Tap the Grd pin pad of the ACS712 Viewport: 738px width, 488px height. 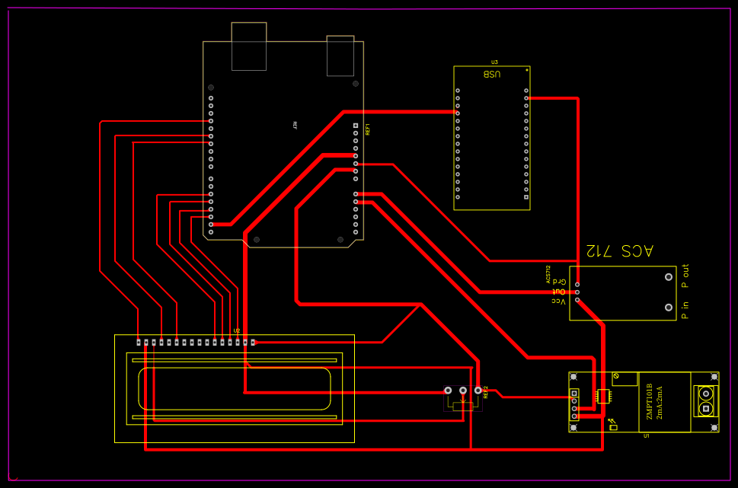[577, 284]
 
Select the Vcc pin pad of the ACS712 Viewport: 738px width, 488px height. [577, 300]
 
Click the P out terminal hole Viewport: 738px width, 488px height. [669, 278]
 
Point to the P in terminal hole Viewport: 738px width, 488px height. [669, 308]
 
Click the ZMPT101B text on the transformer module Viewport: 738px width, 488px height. [650, 403]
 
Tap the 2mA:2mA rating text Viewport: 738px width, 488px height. [660, 403]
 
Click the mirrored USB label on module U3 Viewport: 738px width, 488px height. [492, 74]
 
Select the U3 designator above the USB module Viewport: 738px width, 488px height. [494, 62]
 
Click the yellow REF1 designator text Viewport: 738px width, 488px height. [368, 129]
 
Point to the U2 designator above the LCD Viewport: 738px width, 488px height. [237, 331]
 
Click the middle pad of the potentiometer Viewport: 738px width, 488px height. [463, 391]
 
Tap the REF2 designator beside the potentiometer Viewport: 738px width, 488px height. [485, 392]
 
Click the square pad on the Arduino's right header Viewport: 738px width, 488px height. [356, 126]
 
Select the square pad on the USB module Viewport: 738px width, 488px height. [526, 197]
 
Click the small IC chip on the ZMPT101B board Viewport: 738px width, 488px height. [603, 396]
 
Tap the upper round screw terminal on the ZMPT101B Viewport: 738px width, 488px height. [706, 394]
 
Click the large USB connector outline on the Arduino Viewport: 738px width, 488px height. [249, 46]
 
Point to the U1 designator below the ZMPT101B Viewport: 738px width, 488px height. [647, 436]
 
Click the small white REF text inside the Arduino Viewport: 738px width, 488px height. [296, 126]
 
